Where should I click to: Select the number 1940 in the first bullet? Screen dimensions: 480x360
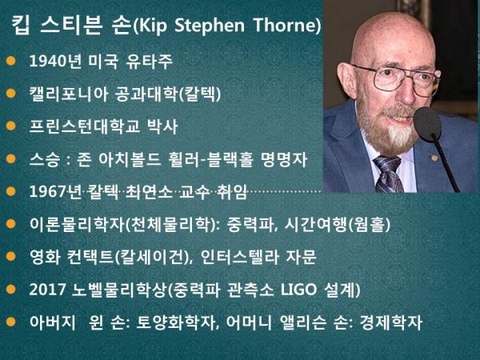point(48,61)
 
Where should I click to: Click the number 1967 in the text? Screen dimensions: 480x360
point(48,192)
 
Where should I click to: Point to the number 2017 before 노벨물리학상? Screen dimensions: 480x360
point(48,290)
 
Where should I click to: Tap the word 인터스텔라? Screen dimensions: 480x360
point(239,257)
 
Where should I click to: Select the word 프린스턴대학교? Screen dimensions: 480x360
point(85,126)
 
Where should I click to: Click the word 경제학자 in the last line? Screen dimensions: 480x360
point(391,322)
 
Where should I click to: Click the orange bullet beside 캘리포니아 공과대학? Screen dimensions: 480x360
point(10,94)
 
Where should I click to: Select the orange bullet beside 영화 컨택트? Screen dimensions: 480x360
point(10,257)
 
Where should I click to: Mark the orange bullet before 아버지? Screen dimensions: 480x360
point(10,322)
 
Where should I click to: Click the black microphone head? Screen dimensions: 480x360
point(427,123)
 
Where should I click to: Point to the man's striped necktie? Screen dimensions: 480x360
point(388,174)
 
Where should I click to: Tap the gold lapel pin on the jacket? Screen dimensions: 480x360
point(434,158)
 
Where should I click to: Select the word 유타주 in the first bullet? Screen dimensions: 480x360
point(149,61)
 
